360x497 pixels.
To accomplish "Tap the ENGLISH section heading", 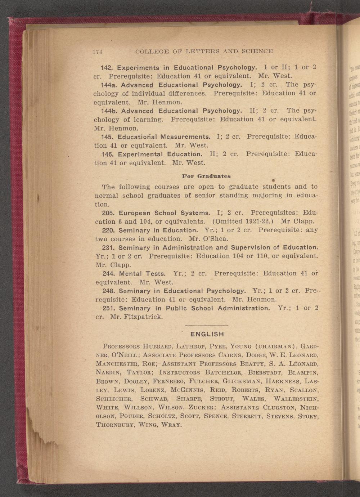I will tap(207, 334).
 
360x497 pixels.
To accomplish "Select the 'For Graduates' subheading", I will tap(206, 176).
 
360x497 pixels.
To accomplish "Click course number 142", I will tap(107, 67).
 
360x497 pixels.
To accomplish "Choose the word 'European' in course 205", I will tap(135, 213).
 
